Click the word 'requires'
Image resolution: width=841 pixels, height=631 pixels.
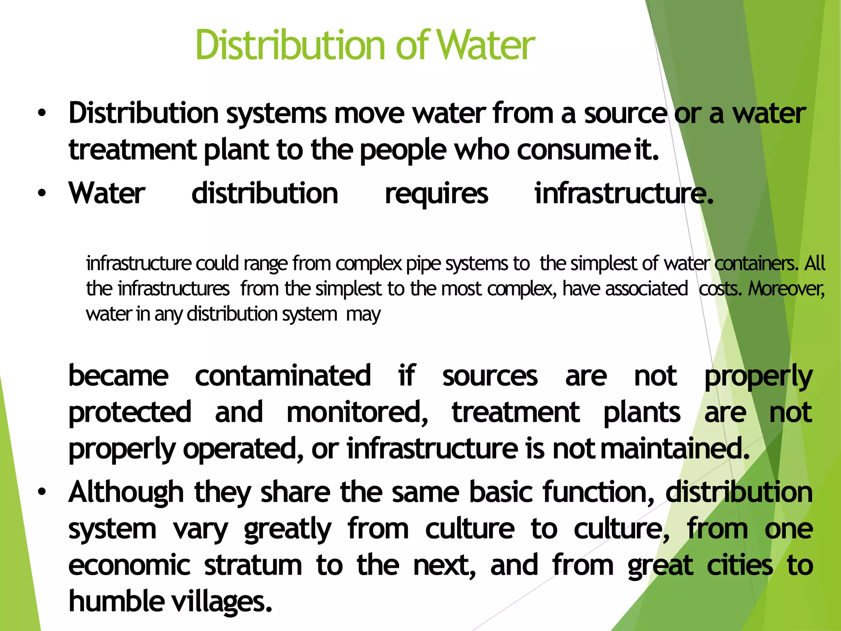(x=437, y=193)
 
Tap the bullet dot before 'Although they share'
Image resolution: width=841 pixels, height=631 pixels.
(x=41, y=492)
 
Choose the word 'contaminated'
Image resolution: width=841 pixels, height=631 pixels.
(x=283, y=375)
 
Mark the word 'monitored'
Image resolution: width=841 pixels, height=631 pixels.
(x=357, y=412)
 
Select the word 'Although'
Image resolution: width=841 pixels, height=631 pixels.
(x=126, y=492)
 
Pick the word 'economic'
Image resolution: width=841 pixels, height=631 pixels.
(x=129, y=565)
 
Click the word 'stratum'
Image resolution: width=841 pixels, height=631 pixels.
(x=253, y=565)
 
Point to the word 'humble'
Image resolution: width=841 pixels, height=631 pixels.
(x=116, y=601)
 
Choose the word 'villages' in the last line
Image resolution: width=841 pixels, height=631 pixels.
(x=222, y=601)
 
